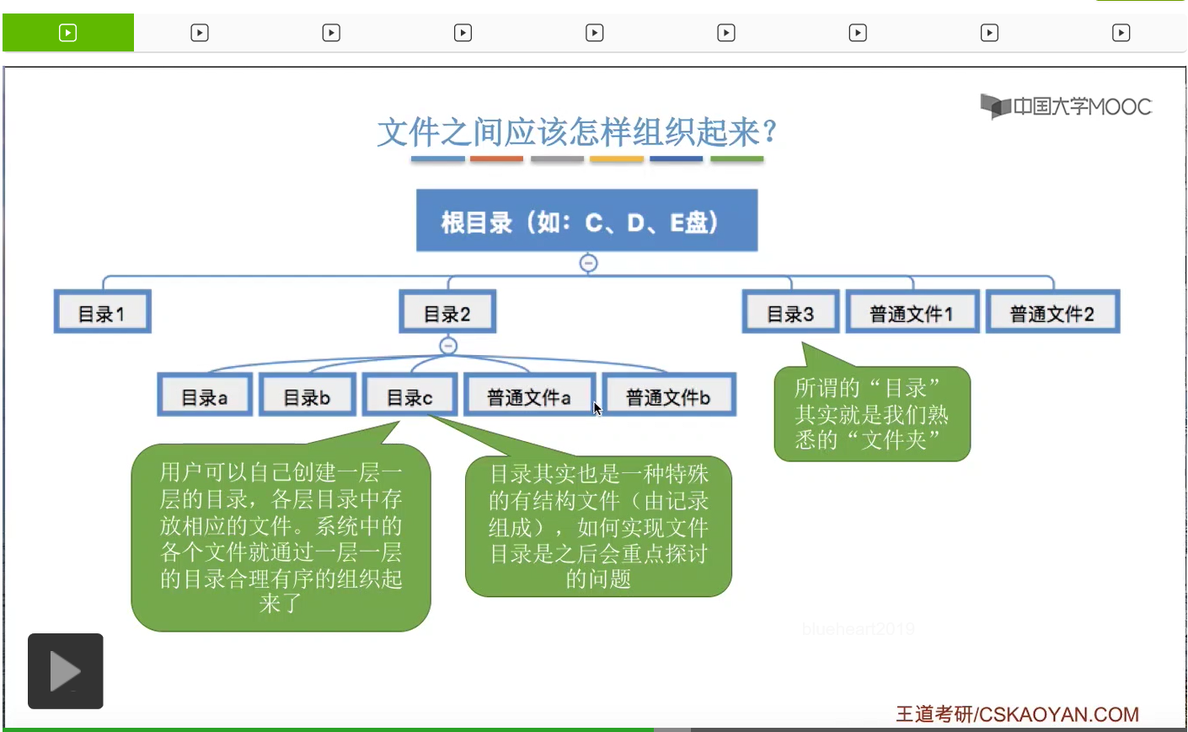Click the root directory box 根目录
pyautogui.click(x=586, y=221)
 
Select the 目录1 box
pyautogui.click(x=102, y=313)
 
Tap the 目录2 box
pyautogui.click(x=447, y=313)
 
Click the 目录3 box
pyautogui.click(x=790, y=313)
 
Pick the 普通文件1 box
pyautogui.click(x=912, y=313)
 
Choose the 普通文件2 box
pyautogui.click(x=1052, y=313)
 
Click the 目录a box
pyautogui.click(x=205, y=396)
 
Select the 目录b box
pyautogui.click(x=307, y=396)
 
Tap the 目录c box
pyautogui.click(x=409, y=396)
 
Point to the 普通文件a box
pyautogui.click(x=529, y=396)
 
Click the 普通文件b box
pyautogui.click(x=668, y=396)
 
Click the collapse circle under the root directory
pyautogui.click(x=589, y=263)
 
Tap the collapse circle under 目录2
pyautogui.click(x=448, y=345)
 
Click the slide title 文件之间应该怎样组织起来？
pyautogui.click(x=577, y=132)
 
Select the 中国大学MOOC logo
pyautogui.click(x=1066, y=106)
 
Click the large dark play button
pyautogui.click(x=66, y=671)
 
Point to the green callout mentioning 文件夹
pyautogui.click(x=872, y=414)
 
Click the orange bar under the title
pyautogui.click(x=496, y=158)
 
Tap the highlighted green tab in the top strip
pyautogui.click(x=68, y=33)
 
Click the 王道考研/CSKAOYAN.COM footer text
pyautogui.click(x=1017, y=714)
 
